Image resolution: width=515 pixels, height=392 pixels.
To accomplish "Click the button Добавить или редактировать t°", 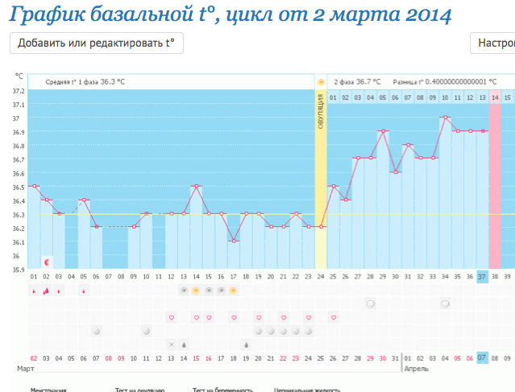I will (97, 43).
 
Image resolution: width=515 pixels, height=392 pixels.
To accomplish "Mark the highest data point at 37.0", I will (445, 118).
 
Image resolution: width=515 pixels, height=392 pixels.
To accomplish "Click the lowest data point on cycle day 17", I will (233, 241).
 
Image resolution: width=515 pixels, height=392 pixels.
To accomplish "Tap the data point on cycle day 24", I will (321, 227).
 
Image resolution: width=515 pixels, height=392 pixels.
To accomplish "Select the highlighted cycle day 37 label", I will (482, 276).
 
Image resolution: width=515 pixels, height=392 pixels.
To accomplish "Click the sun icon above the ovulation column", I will (321, 82).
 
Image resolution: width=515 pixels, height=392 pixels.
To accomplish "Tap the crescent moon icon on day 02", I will (47, 262).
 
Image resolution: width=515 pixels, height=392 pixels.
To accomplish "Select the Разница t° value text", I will (443, 82).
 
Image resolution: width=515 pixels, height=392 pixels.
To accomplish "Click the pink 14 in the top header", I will (495, 97).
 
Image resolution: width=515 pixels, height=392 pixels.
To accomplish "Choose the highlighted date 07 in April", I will (482, 357).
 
